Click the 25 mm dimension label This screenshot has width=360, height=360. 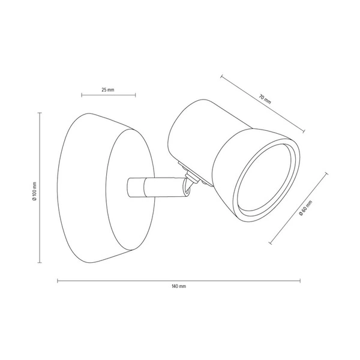[108, 89]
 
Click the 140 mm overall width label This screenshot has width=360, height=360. [179, 287]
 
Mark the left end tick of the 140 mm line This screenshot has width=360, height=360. [58, 280]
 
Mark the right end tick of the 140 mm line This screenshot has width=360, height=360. [301, 280]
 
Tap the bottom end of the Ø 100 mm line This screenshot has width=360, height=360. [40, 263]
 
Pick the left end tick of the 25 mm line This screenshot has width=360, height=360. [82, 95]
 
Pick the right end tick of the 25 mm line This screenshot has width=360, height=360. [135, 95]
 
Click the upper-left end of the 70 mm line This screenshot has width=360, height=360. [221, 76]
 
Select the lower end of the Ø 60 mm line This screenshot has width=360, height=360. [270, 244]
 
